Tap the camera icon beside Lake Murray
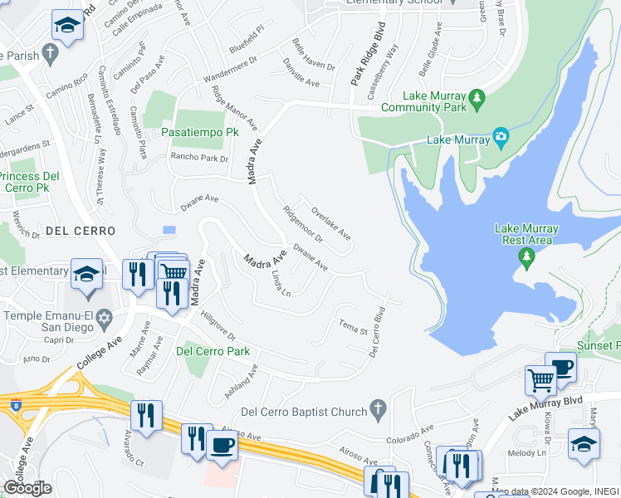point(500,136)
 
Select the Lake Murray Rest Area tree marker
point(526,258)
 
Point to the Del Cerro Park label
point(213,351)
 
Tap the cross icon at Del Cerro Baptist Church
point(378,408)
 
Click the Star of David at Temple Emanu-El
point(104,317)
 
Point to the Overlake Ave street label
point(330,222)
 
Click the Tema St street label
point(352,326)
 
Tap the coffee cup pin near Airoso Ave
point(222,444)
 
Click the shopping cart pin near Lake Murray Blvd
point(540,380)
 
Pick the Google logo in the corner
point(27,488)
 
